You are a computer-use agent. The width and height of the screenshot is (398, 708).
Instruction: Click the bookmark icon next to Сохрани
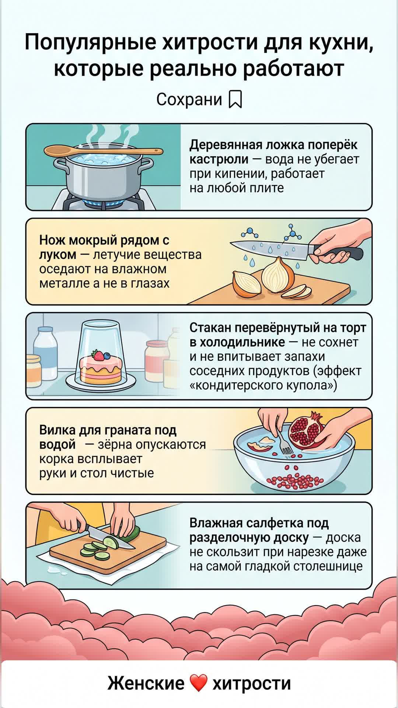point(235,99)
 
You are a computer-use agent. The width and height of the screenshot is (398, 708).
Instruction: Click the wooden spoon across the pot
point(103,151)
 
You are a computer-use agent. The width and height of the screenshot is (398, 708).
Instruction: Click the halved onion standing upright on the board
point(278,275)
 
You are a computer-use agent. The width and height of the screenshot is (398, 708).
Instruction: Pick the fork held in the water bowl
point(284,441)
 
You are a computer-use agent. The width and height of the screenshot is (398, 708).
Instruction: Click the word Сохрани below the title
point(189,99)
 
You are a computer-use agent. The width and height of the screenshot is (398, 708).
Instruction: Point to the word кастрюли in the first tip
point(219,159)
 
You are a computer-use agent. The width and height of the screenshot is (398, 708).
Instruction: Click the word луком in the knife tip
point(58,255)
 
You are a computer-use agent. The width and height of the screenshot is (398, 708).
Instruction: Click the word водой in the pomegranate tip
point(57,445)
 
